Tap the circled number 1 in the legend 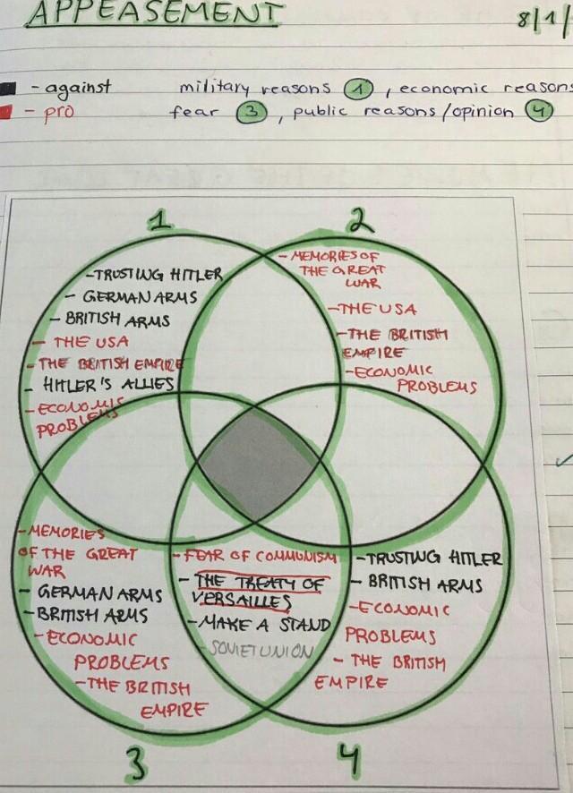click(358, 89)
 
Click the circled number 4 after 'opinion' click(538, 113)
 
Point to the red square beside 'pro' click(7, 112)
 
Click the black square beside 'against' click(7, 88)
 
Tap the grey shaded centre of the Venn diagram click(258, 466)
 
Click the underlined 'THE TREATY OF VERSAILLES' click(260, 591)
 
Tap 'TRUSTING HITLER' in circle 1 click(158, 275)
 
